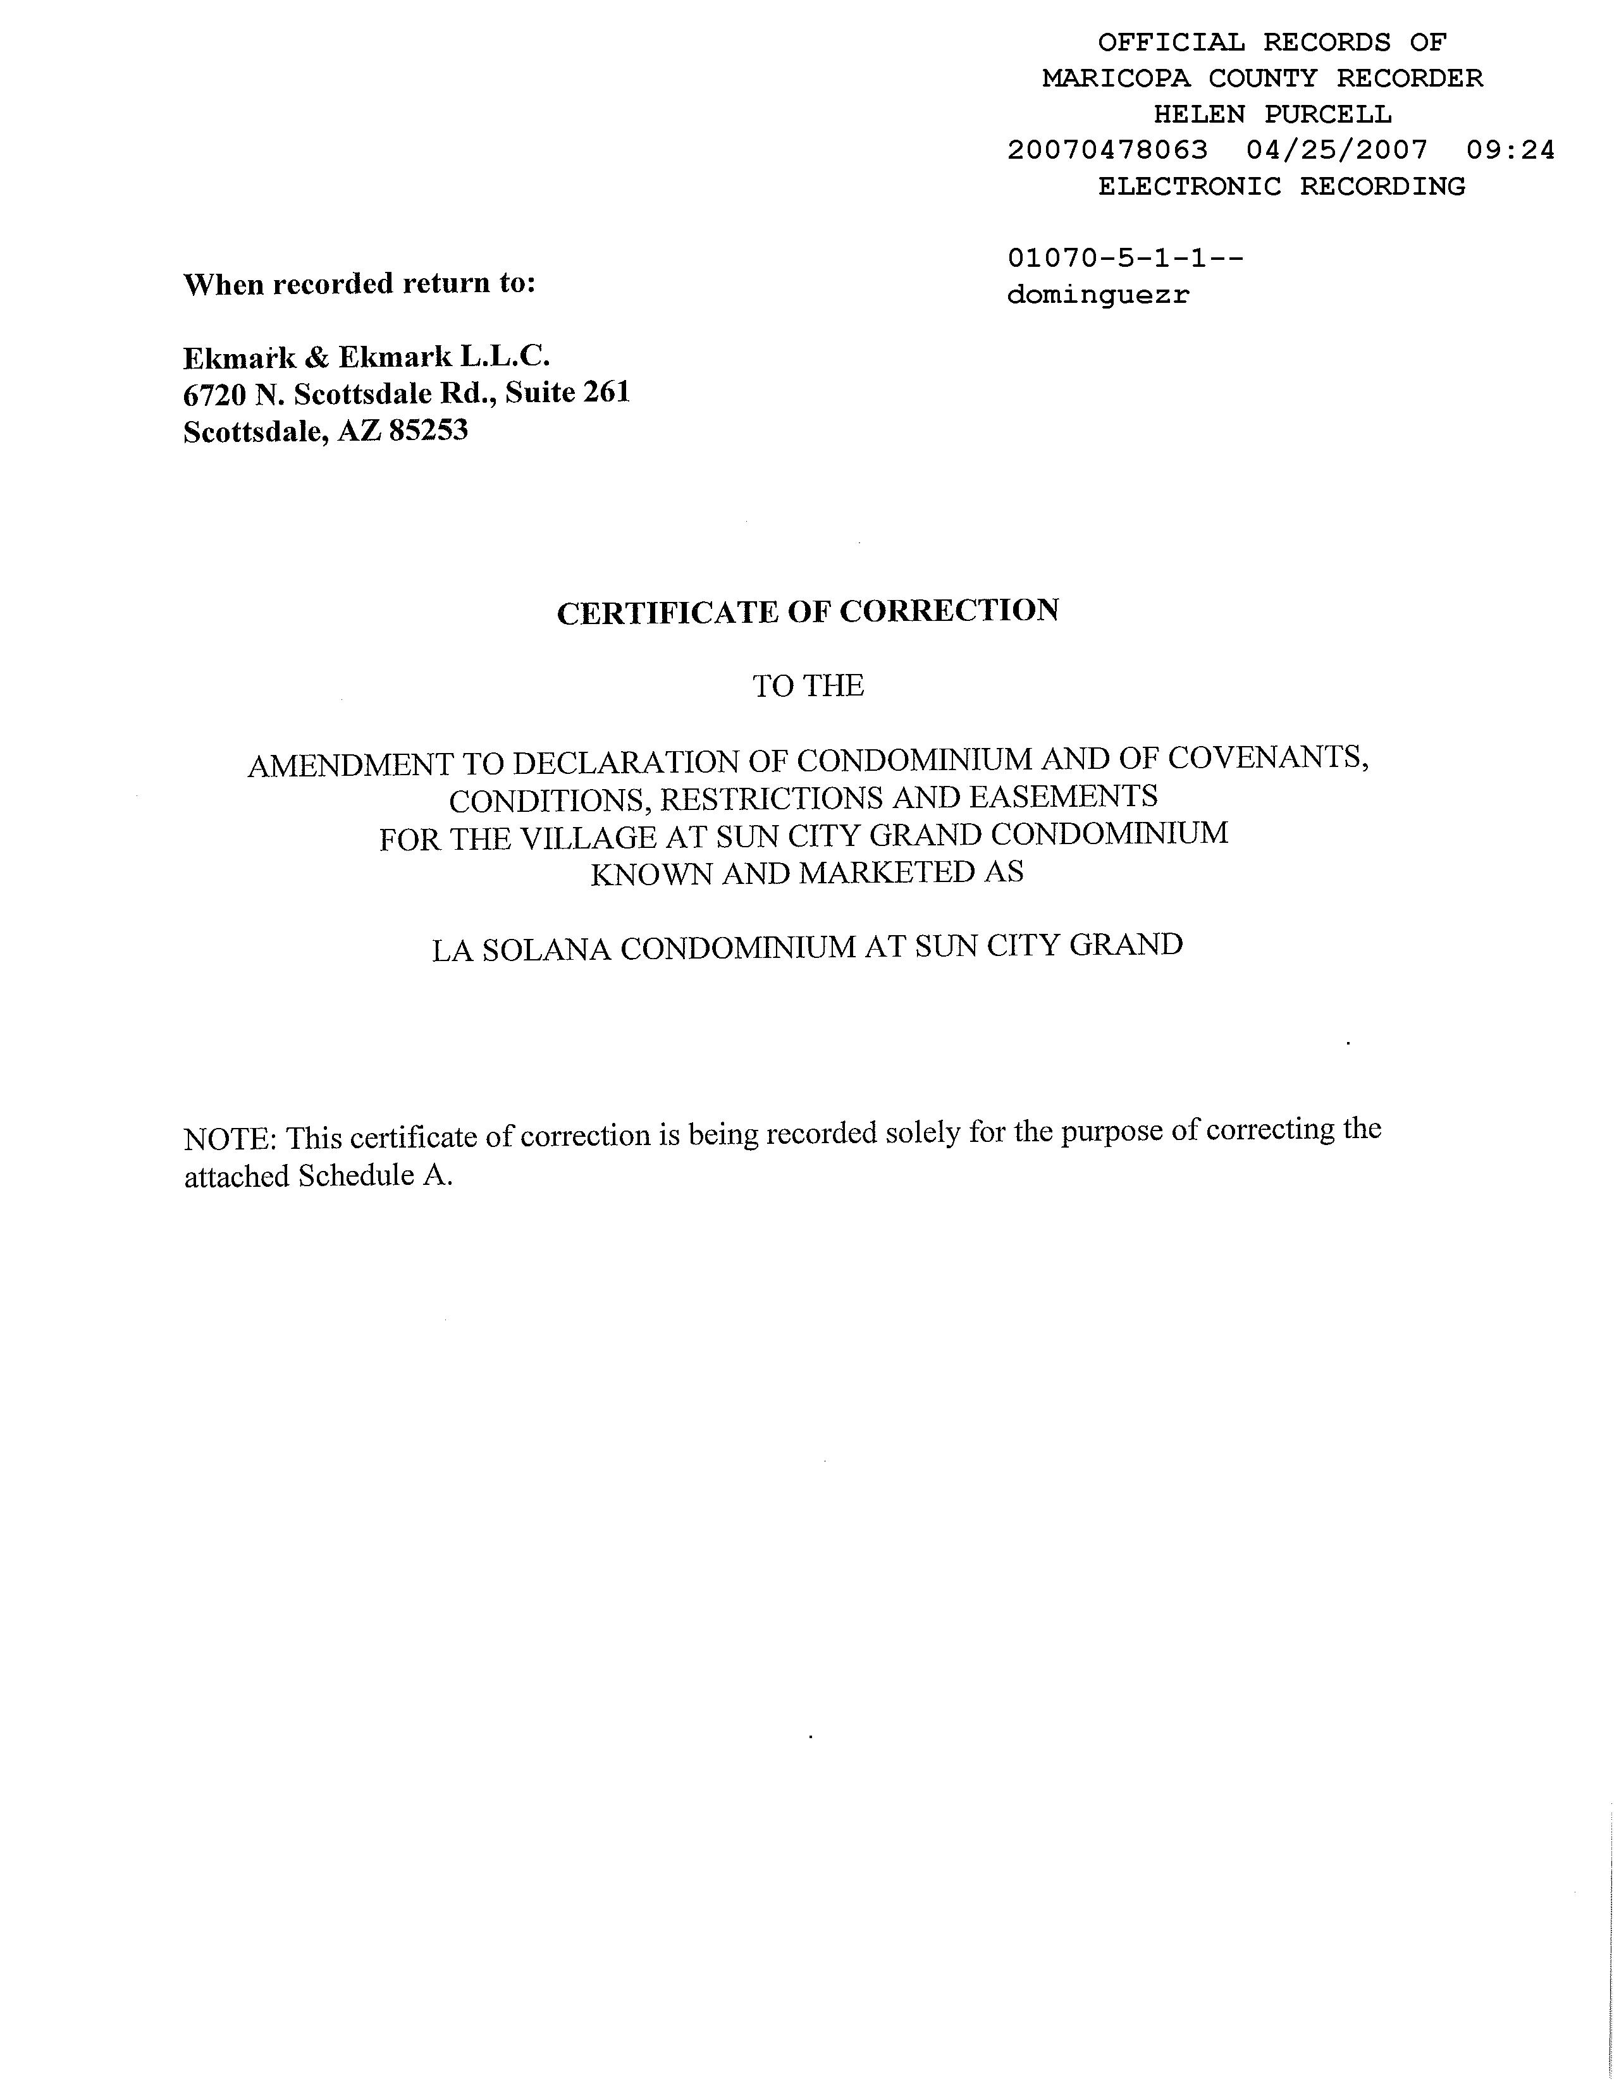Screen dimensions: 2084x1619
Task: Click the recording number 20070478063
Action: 1107,150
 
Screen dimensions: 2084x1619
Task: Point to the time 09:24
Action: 1510,150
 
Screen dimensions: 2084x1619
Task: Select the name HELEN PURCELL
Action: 1272,114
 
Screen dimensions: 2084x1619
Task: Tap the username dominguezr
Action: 1098,295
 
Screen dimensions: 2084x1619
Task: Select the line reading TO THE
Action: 808,685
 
